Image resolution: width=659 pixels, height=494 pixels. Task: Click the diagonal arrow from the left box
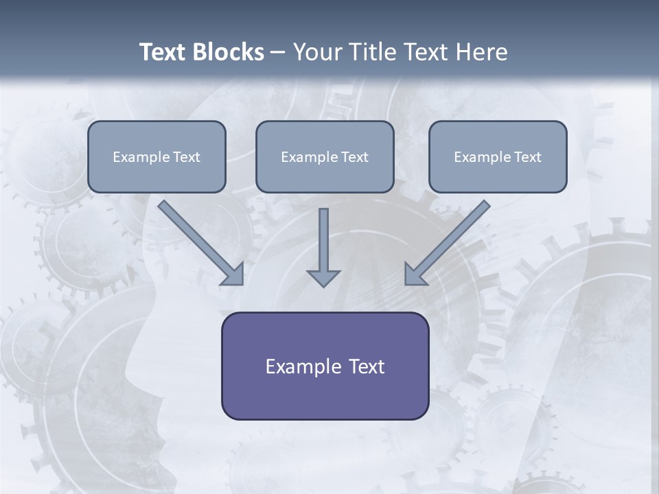coord(199,242)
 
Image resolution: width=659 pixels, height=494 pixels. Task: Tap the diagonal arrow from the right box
coord(449,242)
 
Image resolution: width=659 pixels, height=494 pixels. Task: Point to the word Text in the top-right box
coord(527,157)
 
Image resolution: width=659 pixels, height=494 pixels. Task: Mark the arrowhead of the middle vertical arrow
coord(323,278)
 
